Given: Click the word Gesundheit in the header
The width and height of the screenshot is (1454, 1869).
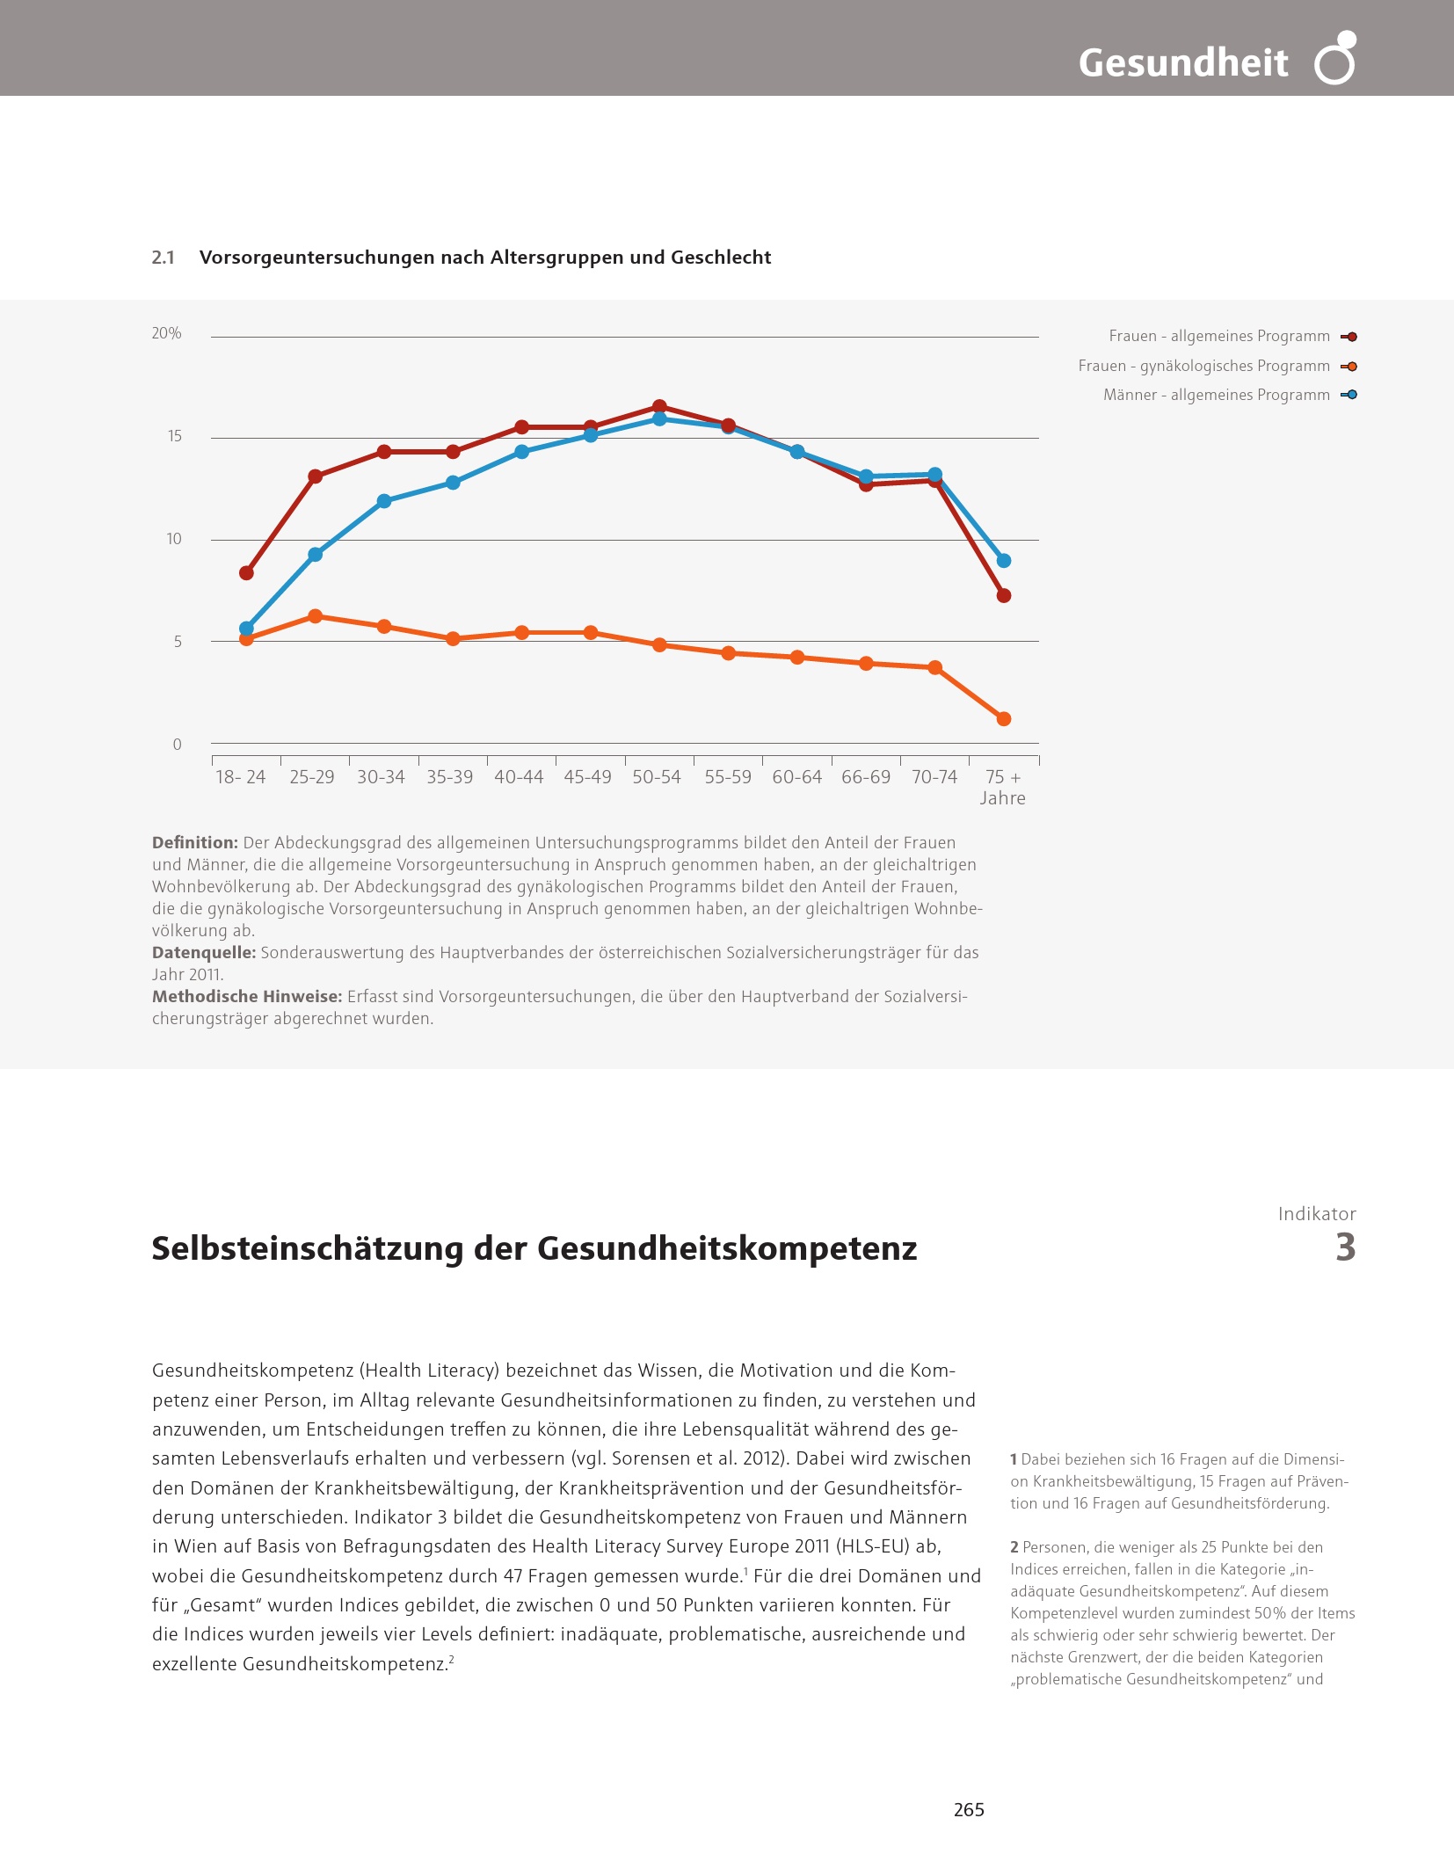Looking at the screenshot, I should pos(1182,62).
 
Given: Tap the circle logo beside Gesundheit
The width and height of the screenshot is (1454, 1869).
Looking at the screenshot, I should pos(1335,59).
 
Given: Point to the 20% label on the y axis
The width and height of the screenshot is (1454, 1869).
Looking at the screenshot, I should pos(166,333).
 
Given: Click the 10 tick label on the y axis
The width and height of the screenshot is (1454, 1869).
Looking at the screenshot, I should pos(174,539).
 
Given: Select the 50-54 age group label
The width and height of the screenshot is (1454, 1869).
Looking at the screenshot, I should pos(657,777).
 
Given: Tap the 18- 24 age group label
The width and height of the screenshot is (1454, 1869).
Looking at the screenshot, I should pos(241,777).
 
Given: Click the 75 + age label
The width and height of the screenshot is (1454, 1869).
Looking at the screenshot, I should pos(1003,777).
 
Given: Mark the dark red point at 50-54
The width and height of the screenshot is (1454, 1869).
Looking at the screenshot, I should pos(659,407).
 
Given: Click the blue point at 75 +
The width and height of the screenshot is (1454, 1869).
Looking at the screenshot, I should pos(1004,561).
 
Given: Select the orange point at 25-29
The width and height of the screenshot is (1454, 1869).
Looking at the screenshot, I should pos(316,616).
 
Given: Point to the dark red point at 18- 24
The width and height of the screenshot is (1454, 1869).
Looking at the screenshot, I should pos(247,573).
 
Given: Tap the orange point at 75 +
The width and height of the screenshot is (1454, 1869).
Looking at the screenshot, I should pos(1004,719).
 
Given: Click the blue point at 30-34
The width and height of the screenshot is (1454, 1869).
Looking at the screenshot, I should pos(384,501).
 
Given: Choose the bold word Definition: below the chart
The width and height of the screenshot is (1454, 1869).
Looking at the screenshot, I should pos(195,842).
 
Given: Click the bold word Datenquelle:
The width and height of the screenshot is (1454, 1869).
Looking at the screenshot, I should pos(204,952).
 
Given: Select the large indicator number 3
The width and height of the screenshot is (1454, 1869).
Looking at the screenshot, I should pos(1345,1247).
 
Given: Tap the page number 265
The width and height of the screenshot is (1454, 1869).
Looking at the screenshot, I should pos(969,1809).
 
